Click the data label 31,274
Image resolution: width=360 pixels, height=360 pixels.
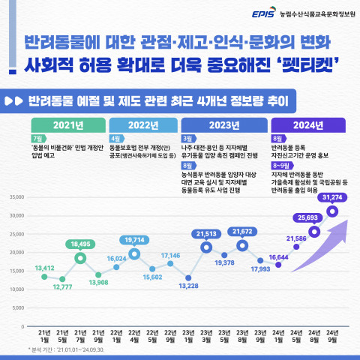pos(331,197)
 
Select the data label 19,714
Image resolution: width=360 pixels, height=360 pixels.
pos(134,239)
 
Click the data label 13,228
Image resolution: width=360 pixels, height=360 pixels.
pos(188,286)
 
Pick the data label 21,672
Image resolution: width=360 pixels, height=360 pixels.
pos(242,232)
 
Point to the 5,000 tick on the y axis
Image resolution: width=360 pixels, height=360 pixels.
pos(17,308)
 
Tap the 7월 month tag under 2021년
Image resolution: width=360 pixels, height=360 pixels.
pos(37,139)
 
